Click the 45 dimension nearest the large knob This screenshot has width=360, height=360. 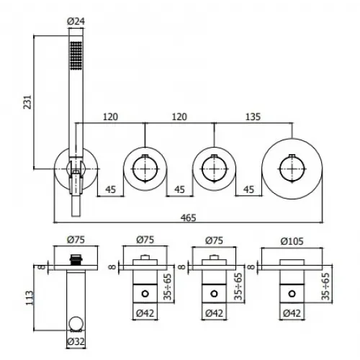(248, 191)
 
